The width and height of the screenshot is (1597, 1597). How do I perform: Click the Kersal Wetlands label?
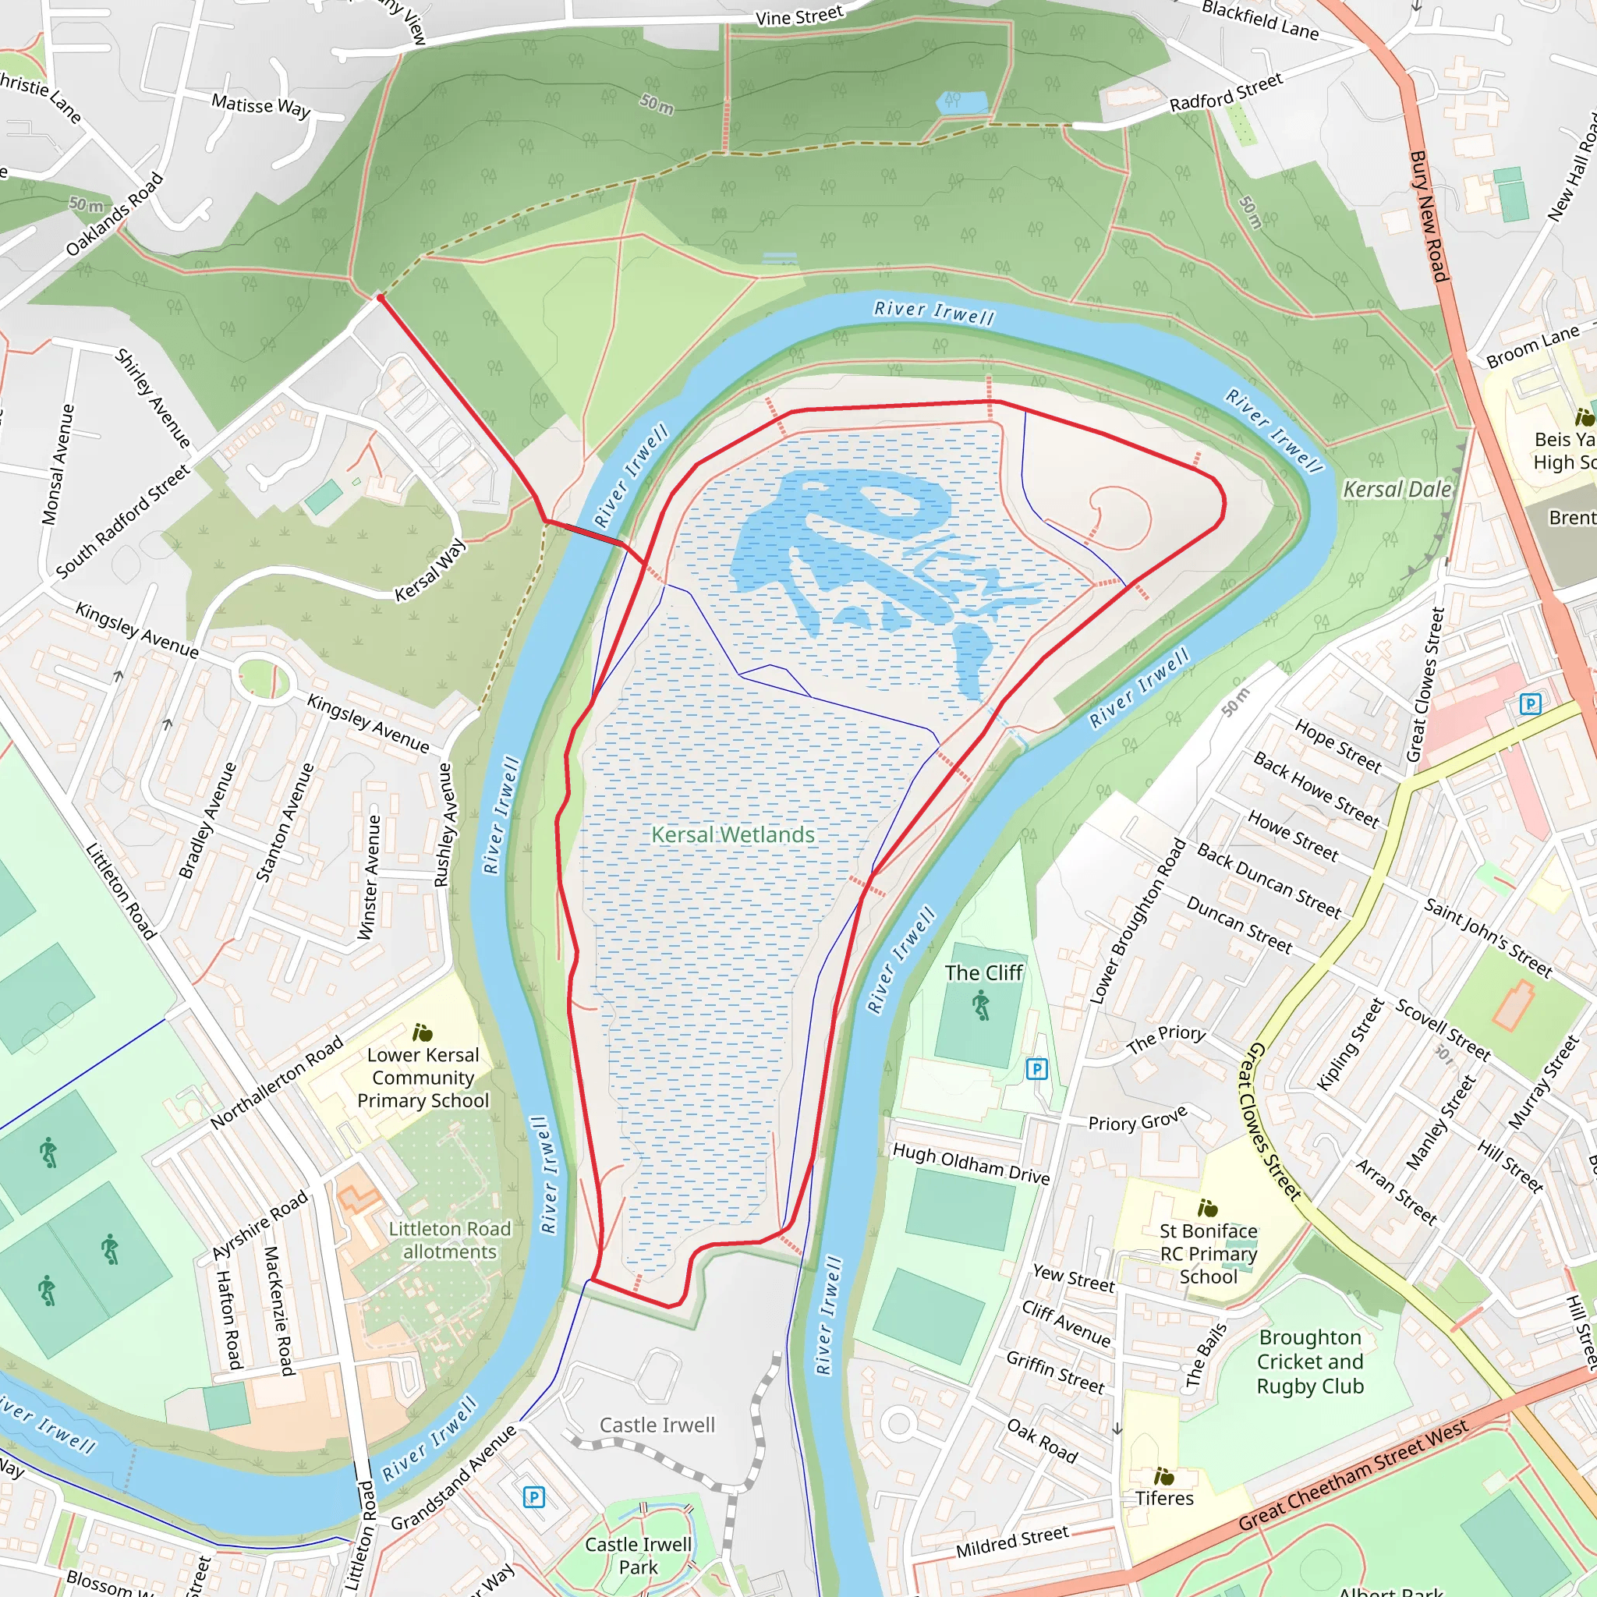(x=732, y=835)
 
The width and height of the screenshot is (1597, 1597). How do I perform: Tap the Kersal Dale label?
(x=1396, y=490)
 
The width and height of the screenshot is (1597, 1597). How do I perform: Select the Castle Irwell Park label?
(x=638, y=1555)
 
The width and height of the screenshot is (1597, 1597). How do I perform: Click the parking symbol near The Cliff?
(x=1036, y=1069)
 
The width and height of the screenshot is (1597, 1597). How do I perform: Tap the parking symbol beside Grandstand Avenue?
(x=534, y=1497)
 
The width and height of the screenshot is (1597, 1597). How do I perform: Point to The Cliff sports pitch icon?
(x=980, y=1006)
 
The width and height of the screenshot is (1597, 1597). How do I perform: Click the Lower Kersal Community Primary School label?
(x=423, y=1077)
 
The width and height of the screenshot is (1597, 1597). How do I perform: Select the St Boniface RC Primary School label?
(x=1208, y=1253)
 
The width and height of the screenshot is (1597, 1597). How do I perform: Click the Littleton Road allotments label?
(x=450, y=1240)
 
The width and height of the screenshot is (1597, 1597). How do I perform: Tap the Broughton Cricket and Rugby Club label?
(x=1310, y=1362)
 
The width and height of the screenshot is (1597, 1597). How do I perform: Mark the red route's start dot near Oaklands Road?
(x=381, y=298)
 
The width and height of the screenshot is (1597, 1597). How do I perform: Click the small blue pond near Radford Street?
(x=962, y=102)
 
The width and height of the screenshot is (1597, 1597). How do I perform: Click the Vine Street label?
(x=799, y=16)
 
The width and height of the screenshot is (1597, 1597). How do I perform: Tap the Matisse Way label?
(x=260, y=106)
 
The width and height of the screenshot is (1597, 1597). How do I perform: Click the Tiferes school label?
(x=1164, y=1498)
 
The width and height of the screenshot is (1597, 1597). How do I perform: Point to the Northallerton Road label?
(x=276, y=1082)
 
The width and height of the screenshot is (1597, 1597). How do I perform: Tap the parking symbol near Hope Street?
(x=1530, y=704)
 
